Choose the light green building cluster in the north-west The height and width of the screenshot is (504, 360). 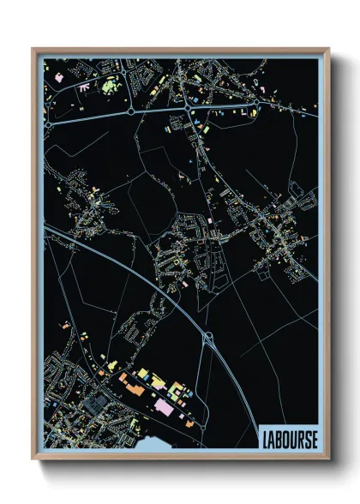[110, 85]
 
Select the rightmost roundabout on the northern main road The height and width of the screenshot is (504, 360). [255, 104]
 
